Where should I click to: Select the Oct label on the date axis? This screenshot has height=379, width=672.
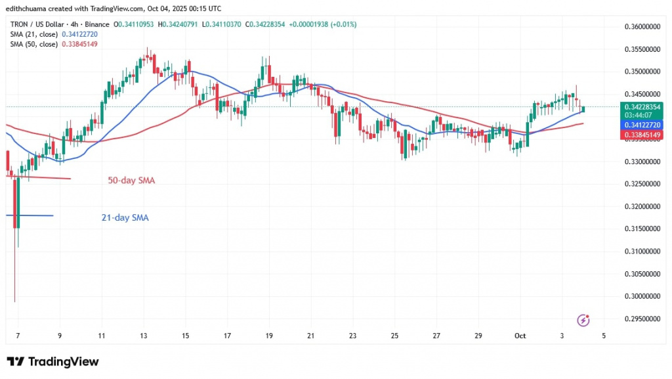click(x=520, y=336)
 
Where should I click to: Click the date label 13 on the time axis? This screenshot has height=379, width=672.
click(x=144, y=336)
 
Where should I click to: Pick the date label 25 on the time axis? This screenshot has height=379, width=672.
click(x=395, y=336)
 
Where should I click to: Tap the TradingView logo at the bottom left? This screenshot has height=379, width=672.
click(x=52, y=361)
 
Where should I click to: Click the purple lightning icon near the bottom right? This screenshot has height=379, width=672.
click(x=582, y=320)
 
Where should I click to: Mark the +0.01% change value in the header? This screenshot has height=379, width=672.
click(x=343, y=24)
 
